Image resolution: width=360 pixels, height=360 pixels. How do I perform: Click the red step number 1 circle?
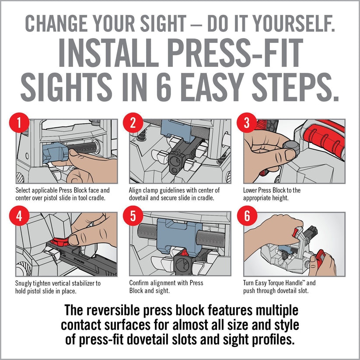(x=19, y=122)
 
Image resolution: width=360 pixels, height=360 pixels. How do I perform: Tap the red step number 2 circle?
(x=133, y=122)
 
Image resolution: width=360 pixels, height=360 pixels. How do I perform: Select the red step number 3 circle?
(x=247, y=122)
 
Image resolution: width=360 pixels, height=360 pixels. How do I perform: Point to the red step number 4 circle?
(x=19, y=216)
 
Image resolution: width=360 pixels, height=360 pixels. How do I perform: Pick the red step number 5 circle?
(x=133, y=216)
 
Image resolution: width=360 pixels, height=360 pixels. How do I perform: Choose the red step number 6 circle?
(x=247, y=216)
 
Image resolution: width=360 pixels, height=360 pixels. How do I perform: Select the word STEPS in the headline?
(x=295, y=87)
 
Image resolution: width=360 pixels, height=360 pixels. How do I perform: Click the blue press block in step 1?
(x=55, y=152)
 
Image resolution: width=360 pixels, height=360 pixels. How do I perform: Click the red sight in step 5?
(x=183, y=253)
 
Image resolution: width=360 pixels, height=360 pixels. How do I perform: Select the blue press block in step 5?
(x=176, y=237)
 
